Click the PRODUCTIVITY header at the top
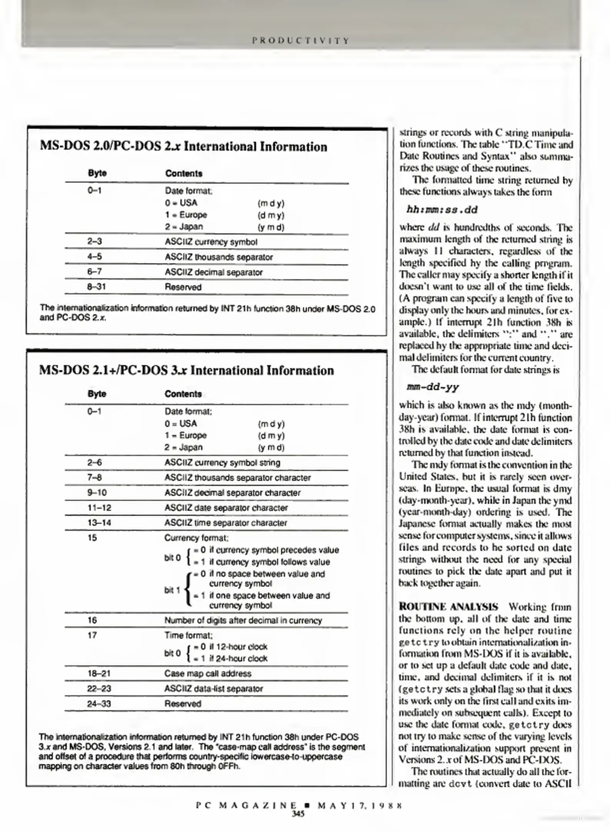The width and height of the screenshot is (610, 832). click(x=301, y=41)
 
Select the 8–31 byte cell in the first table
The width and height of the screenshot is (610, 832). click(x=96, y=287)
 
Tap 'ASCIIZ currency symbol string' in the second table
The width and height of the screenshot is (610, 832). click(x=222, y=463)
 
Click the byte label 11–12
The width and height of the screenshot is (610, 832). click(x=99, y=508)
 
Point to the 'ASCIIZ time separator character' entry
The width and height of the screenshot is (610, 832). click(x=226, y=523)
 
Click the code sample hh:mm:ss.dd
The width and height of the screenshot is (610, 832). click(x=442, y=210)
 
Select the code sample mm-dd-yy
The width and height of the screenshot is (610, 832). click(x=433, y=387)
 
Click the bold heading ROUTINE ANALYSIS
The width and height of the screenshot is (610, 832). click(x=448, y=607)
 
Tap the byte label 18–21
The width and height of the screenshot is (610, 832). click(x=99, y=673)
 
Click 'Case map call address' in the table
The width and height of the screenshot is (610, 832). click(x=207, y=673)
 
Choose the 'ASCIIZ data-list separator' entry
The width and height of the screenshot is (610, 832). click(x=214, y=688)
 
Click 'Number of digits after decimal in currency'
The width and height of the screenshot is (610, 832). click(x=243, y=620)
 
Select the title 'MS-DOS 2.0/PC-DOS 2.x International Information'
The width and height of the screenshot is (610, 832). click(x=183, y=147)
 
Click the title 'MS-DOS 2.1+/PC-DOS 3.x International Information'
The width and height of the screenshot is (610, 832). click(x=186, y=370)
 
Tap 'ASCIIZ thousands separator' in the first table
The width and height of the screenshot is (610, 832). click(x=219, y=257)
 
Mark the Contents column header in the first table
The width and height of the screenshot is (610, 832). click(x=184, y=173)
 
